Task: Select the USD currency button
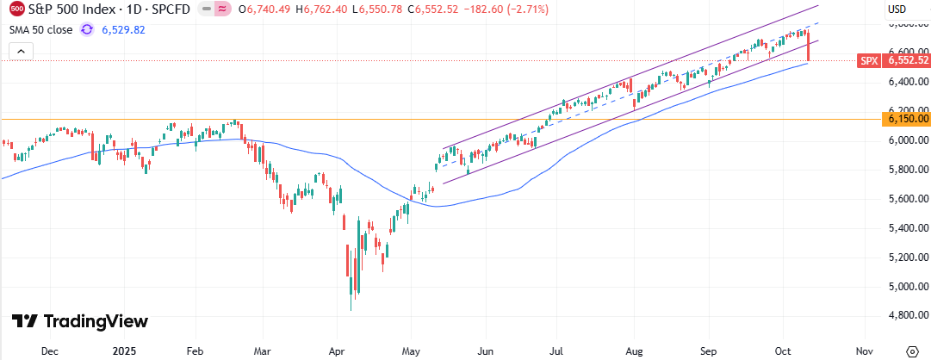pos(897,9)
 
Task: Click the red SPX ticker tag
pos(869,61)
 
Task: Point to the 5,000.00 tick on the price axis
pos(907,287)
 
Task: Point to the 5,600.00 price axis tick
pos(907,198)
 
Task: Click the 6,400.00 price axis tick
pos(907,82)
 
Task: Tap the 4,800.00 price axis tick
pos(907,316)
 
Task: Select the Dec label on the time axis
pos(49,351)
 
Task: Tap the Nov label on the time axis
pos(865,351)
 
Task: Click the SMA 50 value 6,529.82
pos(123,29)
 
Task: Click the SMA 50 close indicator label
pos(41,29)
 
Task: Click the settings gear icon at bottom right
pos(913,351)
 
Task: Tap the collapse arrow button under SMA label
pos(22,52)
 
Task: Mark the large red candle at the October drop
pos(810,47)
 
